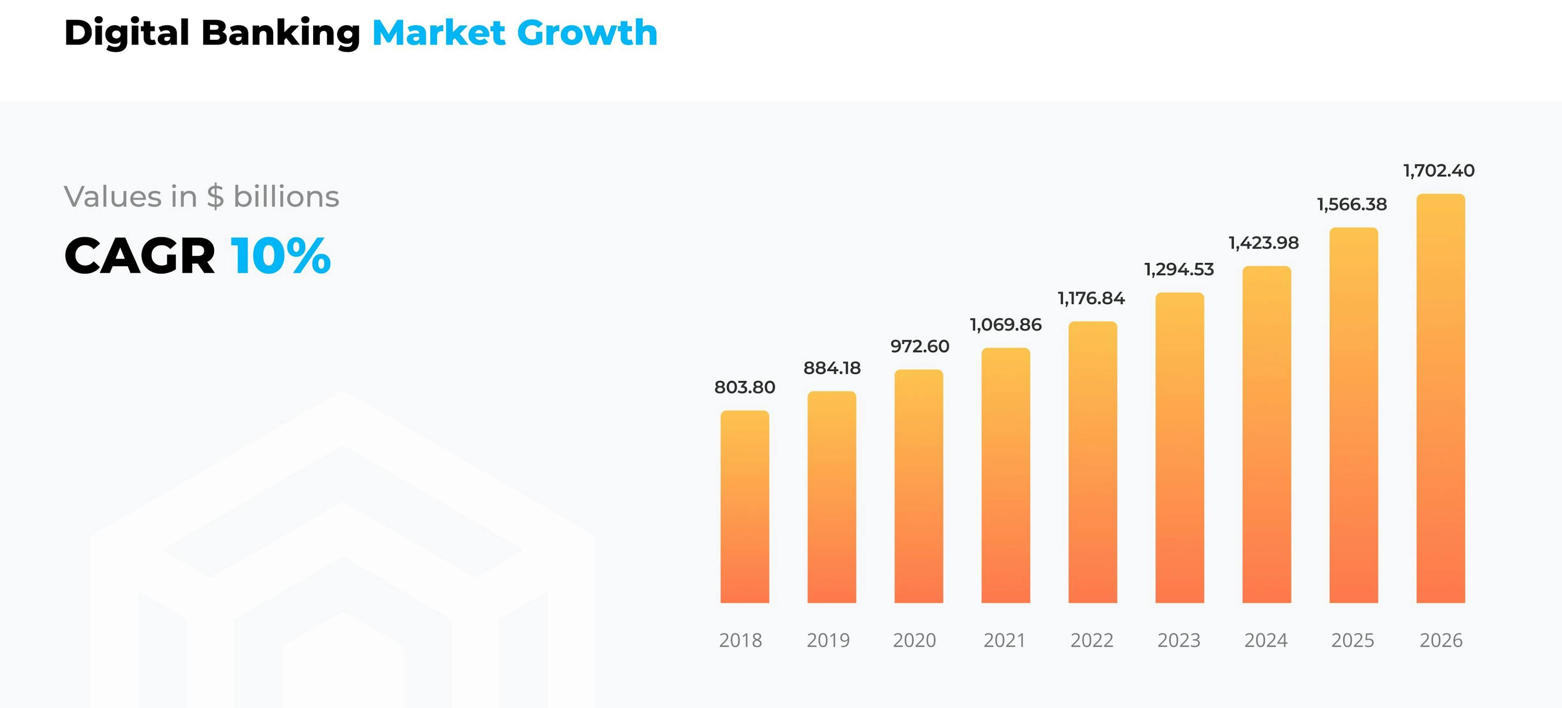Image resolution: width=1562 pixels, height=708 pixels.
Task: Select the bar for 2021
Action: [x=1006, y=475]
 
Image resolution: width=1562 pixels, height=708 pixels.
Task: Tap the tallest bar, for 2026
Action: [x=1440, y=398]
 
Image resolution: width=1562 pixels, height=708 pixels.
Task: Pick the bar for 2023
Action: [x=1179, y=448]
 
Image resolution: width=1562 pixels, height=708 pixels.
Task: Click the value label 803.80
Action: [x=745, y=387]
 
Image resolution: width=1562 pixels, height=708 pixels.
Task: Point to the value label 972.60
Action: [x=919, y=346]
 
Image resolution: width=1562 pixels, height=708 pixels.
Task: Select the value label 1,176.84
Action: [x=1091, y=298]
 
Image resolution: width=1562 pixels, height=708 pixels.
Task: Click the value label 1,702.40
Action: [x=1439, y=171]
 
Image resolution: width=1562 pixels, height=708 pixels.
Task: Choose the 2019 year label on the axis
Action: [x=828, y=640]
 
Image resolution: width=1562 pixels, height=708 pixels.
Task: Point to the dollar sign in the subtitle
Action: [x=215, y=197]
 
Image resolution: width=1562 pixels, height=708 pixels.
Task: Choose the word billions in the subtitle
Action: [x=286, y=197]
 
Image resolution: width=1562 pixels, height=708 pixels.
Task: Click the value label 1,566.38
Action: [x=1352, y=204]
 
